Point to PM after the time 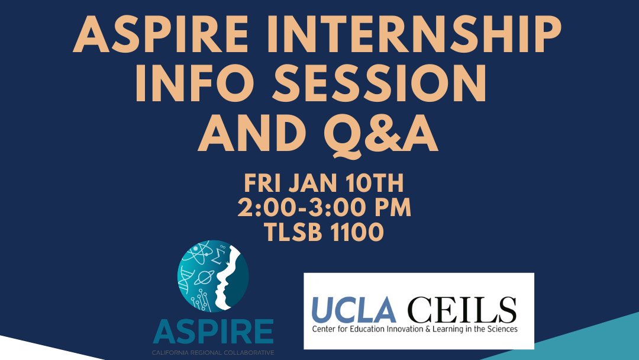(x=387, y=208)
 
